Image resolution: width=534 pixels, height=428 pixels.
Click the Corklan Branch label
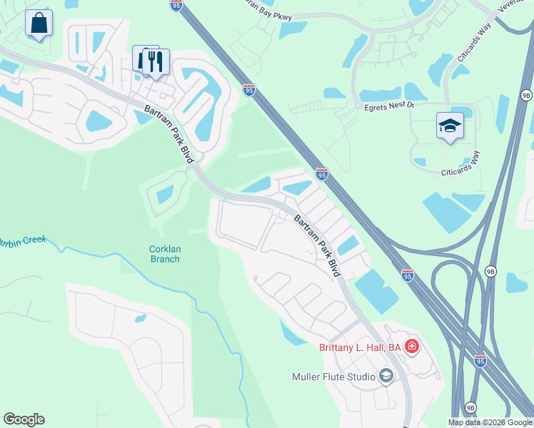pyautogui.click(x=164, y=253)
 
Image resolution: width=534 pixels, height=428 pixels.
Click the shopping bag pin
pyautogui.click(x=39, y=24)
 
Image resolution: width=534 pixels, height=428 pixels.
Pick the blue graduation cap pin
pyautogui.click(x=450, y=127)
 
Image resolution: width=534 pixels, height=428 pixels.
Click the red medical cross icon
pyautogui.click(x=411, y=347)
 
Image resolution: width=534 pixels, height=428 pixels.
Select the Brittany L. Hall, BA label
pyautogui.click(x=360, y=347)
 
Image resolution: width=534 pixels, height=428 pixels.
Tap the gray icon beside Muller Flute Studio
pyautogui.click(x=386, y=376)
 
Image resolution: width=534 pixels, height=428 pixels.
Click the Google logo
pyautogui.click(x=24, y=419)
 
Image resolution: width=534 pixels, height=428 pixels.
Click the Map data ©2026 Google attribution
pyautogui.click(x=490, y=422)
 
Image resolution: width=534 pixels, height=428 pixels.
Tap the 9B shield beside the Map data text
pyautogui.click(x=470, y=406)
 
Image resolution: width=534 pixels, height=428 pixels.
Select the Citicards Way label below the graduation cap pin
pyautogui.click(x=460, y=164)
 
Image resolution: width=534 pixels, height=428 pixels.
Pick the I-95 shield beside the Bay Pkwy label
pyautogui.click(x=176, y=5)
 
